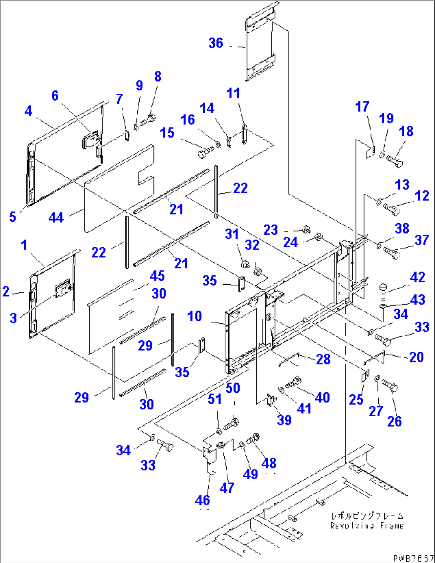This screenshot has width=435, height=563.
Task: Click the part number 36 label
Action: click(216, 43)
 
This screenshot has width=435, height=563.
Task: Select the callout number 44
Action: click(56, 218)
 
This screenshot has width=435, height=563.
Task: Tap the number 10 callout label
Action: click(194, 316)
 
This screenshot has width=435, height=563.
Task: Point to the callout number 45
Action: click(157, 276)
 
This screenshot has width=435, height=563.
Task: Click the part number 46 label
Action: click(202, 500)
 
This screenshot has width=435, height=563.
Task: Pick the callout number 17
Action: click(362, 107)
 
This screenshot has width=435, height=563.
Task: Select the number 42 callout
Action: click(417, 277)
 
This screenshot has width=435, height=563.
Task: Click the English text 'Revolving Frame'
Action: click(366, 526)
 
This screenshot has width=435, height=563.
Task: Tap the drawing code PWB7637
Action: click(413, 558)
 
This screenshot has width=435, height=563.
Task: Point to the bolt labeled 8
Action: click(148, 119)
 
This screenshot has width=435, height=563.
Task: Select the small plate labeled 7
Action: click(127, 135)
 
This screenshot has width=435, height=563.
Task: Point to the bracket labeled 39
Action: click(271, 399)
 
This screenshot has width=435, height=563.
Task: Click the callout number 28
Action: click(323, 359)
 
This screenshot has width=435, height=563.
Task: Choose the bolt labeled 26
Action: click(390, 386)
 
